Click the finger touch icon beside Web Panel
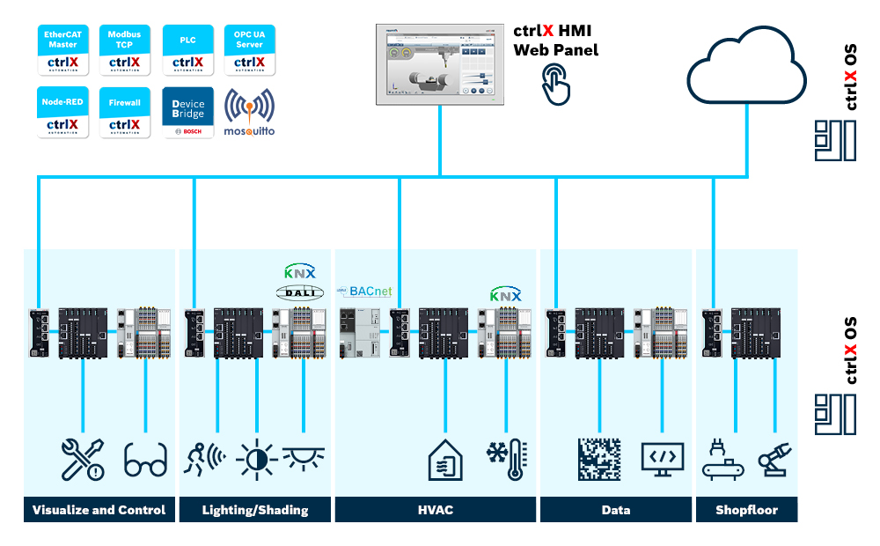(x=556, y=85)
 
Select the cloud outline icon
(x=747, y=69)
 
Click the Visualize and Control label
(x=99, y=510)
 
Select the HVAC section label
(x=436, y=510)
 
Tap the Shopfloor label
(x=746, y=510)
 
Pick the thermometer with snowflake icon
(x=508, y=460)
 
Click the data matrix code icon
(x=599, y=460)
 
